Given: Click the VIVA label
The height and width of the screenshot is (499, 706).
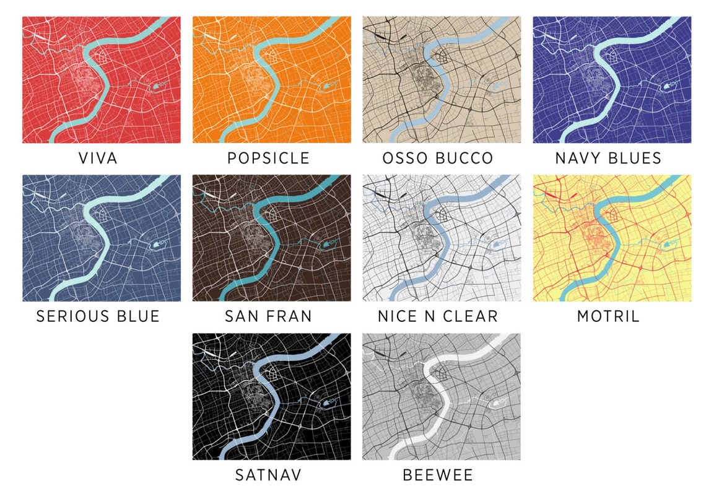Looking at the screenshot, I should pos(98,158).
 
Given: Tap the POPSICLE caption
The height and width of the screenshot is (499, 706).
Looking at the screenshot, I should pos(268,158).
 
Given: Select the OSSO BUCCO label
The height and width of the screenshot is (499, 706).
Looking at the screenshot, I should pos(438,158).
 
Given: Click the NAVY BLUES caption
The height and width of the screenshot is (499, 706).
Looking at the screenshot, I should pos(608,158).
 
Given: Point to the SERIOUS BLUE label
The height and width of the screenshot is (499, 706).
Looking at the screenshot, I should pos(98,316).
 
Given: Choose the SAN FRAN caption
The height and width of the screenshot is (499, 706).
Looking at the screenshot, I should pos(268,316).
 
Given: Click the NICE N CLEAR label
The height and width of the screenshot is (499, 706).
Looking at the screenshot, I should pos(438,316).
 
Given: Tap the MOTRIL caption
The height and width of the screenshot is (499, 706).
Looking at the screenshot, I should pos(608,316).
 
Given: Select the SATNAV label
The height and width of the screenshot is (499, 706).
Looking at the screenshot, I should pos(268,475).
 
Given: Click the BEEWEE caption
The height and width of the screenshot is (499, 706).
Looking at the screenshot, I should pos(438,475).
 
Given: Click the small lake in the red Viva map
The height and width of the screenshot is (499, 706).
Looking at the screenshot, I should pos(157,87).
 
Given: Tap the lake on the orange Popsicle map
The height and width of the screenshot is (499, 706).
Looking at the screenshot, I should pos(327,87).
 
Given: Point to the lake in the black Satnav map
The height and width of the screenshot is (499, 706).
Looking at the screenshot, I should pos(327,404).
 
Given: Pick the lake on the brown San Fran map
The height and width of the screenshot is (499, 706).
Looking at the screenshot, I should pos(327,245).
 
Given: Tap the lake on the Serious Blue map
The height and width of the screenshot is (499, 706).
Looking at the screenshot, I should pos(157,245).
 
